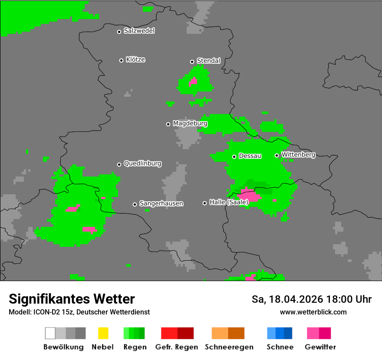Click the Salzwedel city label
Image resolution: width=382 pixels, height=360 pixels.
[139, 31]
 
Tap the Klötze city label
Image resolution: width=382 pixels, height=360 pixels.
[135, 59]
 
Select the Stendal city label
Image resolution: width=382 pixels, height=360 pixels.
[208, 61]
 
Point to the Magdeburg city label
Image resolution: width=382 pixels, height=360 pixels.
[190, 124]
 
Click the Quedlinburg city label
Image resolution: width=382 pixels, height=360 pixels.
[142, 164]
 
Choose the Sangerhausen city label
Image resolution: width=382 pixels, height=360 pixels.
[161, 203]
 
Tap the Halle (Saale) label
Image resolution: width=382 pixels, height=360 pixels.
[229, 202]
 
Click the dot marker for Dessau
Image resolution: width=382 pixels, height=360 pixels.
[234, 157]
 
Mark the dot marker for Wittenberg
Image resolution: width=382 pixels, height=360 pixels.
[277, 155]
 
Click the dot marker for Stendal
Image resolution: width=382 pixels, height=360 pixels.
[192, 62]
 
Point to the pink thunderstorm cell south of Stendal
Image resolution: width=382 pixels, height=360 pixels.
[193, 81]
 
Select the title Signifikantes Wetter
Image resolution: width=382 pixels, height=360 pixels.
[72, 299]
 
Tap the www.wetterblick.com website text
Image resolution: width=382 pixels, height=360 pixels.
[313, 312]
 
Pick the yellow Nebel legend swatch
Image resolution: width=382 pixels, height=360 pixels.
[103, 333]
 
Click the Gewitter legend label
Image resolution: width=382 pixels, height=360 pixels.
[320, 347]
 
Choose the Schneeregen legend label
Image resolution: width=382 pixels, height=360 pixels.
[229, 347]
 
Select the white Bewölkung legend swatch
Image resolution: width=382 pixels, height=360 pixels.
[50, 333]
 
